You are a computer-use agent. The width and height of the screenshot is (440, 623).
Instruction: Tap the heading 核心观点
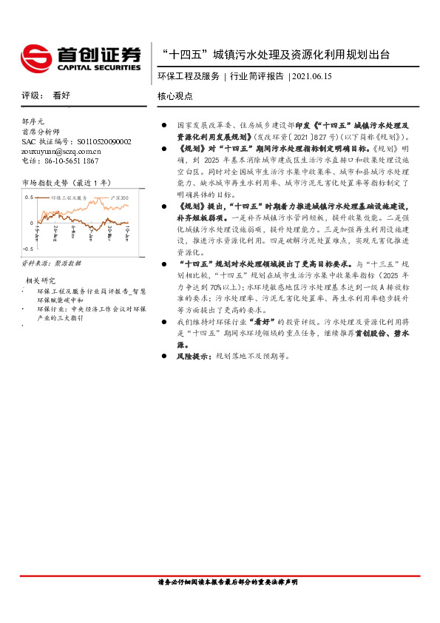pos(175,96)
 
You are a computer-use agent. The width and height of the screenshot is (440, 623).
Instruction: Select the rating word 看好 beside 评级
pos(62,96)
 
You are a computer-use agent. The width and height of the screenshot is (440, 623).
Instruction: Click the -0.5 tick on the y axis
pos(27,249)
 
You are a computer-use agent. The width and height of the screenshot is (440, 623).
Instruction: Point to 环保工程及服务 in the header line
pos(189,75)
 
